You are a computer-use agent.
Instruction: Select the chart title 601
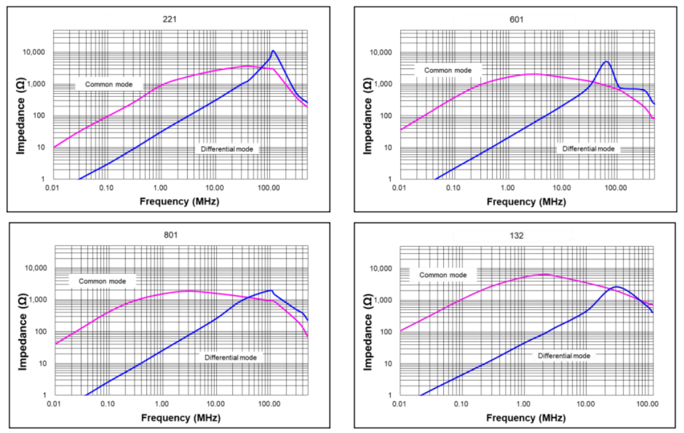pos(517,19)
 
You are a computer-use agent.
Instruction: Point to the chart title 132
pos(517,236)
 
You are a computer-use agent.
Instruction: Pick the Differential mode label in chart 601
pos(588,149)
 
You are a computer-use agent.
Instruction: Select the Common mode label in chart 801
pos(102,281)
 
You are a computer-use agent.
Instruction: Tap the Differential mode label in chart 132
pos(564,356)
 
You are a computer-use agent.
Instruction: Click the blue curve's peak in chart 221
pos(273,51)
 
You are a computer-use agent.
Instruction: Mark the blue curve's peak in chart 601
pos(606,62)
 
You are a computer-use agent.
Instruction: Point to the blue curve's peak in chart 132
pos(616,287)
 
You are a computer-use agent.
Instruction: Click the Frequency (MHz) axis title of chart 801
pos(180,418)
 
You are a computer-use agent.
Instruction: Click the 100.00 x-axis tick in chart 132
pos(646,404)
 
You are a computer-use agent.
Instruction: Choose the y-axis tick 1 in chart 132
pos(392,395)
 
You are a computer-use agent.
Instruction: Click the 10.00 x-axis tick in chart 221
pos(214,188)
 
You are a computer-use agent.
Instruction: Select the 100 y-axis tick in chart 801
pos(40,332)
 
